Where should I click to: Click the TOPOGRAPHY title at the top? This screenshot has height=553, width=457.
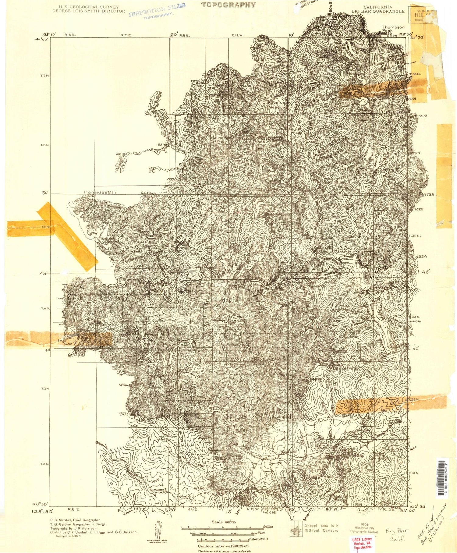coord(228,5)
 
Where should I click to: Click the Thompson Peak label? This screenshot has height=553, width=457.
coord(393,29)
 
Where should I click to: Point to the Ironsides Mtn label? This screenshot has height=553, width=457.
coord(100,192)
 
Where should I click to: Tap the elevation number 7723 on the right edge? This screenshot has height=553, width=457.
coord(428,194)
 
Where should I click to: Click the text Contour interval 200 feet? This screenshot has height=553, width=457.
coord(223,546)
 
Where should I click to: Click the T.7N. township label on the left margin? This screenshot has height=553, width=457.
coord(45,76)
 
